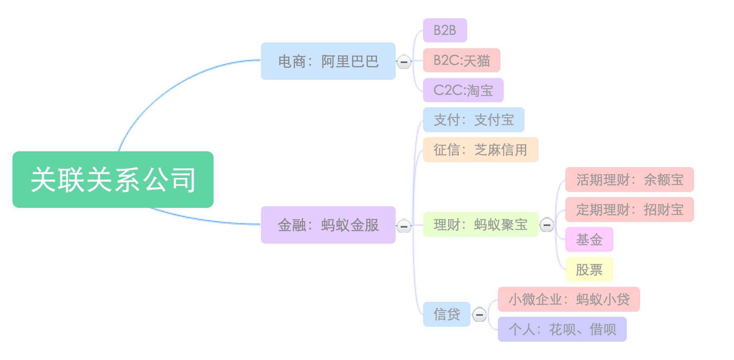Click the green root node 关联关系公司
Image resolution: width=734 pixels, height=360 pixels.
(113, 180)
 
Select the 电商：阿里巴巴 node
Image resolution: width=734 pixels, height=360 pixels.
(328, 61)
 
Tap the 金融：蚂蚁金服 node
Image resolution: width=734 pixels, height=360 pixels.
(328, 225)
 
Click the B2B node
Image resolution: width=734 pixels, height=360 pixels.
(445, 30)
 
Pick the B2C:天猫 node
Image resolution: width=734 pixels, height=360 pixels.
(461, 60)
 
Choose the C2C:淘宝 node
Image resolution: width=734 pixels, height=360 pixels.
(463, 90)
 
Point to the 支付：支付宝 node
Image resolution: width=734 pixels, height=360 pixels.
(473, 120)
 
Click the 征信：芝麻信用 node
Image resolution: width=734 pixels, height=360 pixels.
(480, 150)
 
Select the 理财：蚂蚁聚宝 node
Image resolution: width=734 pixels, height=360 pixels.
(480, 224)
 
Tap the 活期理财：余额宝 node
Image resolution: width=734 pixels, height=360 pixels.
(629, 180)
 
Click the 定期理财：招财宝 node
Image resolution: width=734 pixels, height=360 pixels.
(629, 210)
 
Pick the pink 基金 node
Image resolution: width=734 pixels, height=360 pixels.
(589, 239)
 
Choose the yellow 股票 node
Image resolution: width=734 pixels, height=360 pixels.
(589, 269)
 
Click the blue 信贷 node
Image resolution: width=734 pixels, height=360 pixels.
(446, 314)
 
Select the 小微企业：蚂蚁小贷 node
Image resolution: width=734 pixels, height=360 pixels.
(569, 299)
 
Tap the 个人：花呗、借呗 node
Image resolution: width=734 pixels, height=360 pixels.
(562, 329)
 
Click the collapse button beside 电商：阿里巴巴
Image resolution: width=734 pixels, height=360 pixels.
(404, 62)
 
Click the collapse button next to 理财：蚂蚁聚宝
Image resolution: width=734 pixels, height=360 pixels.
(547, 225)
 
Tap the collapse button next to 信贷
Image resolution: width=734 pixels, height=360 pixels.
(479, 315)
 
